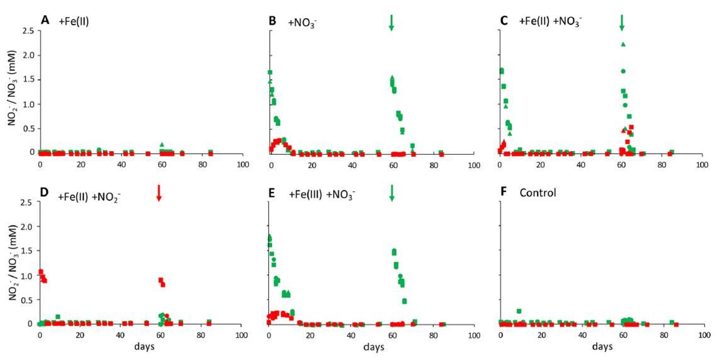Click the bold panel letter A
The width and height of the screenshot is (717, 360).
tap(45, 20)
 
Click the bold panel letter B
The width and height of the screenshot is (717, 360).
tap(273, 20)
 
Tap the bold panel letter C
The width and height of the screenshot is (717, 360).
tap(503, 20)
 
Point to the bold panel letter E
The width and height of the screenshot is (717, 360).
tap(273, 193)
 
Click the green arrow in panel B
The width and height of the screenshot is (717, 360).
tap(392, 22)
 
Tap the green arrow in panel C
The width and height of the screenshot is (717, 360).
tap(622, 22)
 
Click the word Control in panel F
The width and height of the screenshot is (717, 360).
tap(538, 193)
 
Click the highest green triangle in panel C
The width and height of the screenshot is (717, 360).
tap(623, 44)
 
